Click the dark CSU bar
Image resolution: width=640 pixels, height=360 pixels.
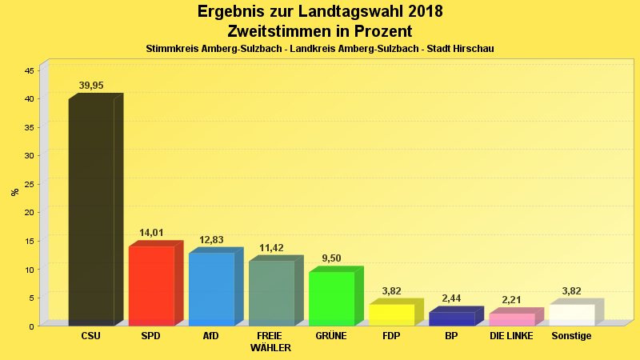(91, 212)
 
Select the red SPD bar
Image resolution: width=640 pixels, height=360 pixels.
(151, 286)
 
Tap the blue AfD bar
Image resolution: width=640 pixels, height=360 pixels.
(211, 289)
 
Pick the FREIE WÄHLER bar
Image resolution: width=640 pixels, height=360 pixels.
(271, 293)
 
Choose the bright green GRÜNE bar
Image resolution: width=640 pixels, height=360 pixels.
(331, 298)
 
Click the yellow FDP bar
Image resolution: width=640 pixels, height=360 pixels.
(391, 314)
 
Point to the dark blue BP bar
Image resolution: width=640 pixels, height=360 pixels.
(451, 318)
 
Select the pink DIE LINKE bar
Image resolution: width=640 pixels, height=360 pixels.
(511, 319)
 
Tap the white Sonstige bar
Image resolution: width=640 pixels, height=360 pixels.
(571, 314)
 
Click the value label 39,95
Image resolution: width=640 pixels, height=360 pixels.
(91, 86)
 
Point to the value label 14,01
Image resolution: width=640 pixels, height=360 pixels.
(151, 233)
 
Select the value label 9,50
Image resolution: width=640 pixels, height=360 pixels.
(331, 258)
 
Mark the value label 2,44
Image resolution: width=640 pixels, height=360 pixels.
(451, 298)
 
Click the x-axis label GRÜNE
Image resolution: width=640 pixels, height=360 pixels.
(331, 336)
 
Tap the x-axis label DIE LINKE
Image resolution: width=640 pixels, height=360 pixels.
(511, 336)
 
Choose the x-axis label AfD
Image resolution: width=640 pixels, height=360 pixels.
(211, 336)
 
